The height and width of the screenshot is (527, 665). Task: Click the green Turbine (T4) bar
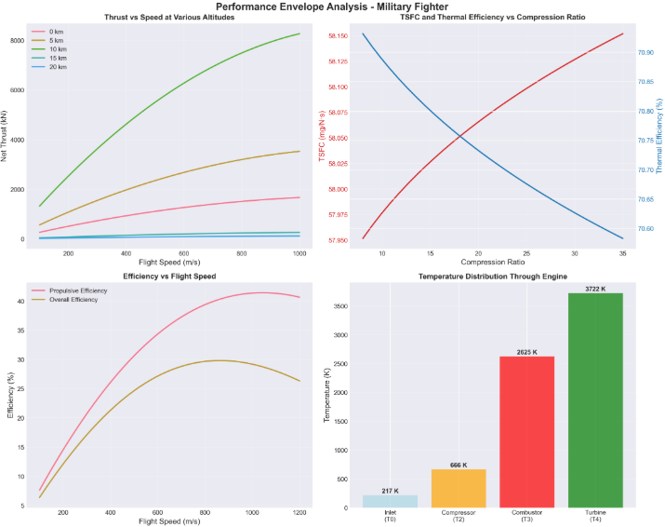(595, 400)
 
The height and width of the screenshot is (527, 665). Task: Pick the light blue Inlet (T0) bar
(391, 501)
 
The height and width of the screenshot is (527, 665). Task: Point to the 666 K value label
(459, 464)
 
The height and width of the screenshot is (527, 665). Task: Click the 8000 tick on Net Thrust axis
(17, 41)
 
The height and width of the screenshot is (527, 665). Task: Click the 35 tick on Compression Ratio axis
(622, 253)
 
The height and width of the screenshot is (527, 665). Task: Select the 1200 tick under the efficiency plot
(299, 513)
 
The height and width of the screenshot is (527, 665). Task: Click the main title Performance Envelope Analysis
(332, 7)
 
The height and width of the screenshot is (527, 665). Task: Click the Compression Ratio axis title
(477, 263)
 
